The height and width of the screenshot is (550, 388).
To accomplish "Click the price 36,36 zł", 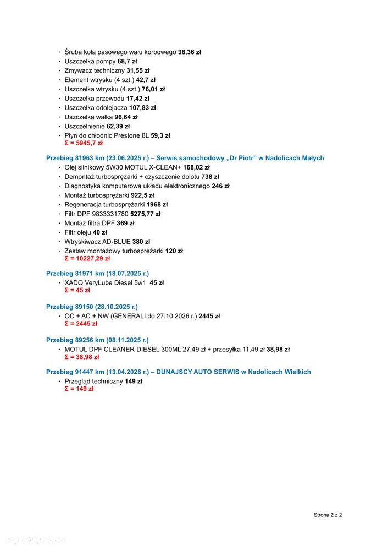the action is coord(190,52).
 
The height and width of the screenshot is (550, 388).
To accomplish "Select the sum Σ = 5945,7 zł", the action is coord(84,143).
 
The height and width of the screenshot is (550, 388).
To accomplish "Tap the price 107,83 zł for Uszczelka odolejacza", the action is coord(142,108).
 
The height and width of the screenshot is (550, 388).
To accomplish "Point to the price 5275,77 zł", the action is coord(145,214).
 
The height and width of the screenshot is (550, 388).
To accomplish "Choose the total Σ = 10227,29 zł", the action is coord(87,258).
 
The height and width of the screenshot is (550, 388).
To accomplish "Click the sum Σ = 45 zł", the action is coord(77,290).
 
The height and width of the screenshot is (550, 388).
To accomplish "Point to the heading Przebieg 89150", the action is coord(69,307).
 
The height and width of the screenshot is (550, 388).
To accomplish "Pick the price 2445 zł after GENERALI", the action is coord(209,316).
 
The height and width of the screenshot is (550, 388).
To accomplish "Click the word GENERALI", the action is coord(128,316).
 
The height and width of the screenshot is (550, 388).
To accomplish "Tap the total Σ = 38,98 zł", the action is coord(81,357).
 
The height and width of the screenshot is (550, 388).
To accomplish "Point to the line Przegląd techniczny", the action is coord(93,381).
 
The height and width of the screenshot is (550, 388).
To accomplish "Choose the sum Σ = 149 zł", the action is coord(79,389).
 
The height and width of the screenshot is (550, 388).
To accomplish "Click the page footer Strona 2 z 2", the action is coord(328,515).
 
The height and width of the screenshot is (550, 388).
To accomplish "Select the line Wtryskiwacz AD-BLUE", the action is coord(99,242).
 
